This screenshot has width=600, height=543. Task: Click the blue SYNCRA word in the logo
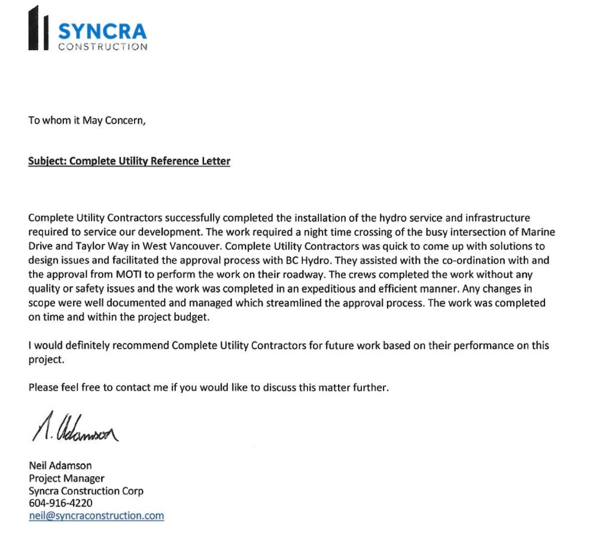(102, 30)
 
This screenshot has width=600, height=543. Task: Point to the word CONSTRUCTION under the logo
(102, 47)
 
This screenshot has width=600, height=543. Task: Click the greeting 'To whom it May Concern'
(87, 120)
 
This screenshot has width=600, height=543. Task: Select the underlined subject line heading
(129, 161)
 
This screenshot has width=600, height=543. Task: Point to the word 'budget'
(193, 317)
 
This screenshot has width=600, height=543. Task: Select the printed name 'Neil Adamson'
(60, 465)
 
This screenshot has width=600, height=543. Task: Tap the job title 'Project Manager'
(66, 478)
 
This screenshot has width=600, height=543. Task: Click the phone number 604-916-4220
(60, 503)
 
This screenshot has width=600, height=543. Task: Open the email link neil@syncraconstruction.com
(96, 516)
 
